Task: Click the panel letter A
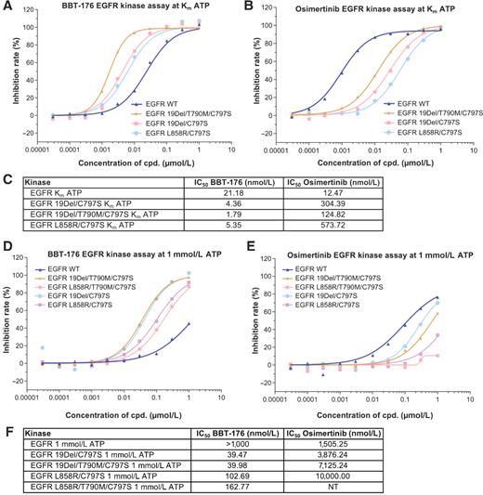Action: pyautogui.click(x=7, y=7)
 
